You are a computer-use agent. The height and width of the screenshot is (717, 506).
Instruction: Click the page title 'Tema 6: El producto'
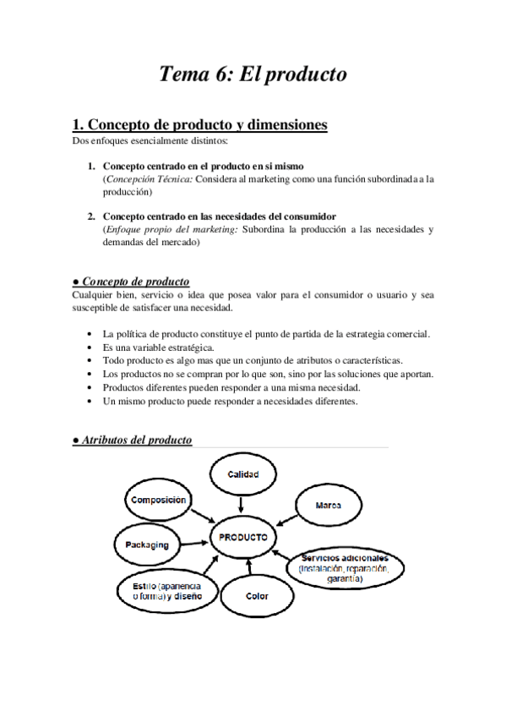(x=253, y=74)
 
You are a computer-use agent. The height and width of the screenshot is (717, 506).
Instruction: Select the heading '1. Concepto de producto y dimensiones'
(x=199, y=124)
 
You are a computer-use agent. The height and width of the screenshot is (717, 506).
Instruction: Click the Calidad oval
(x=242, y=475)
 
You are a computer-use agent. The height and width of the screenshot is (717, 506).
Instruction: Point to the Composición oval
(x=157, y=501)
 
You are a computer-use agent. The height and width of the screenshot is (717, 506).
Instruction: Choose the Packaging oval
(x=147, y=545)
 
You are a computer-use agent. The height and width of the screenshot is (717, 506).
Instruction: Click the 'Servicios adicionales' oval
(x=341, y=569)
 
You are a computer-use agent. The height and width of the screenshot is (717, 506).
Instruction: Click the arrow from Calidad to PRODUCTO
(x=242, y=504)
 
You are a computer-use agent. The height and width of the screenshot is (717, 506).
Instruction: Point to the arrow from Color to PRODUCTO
(x=250, y=566)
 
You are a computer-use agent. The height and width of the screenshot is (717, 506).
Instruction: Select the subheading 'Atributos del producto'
(x=136, y=441)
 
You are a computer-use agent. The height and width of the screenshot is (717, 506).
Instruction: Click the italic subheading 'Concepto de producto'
(x=135, y=282)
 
